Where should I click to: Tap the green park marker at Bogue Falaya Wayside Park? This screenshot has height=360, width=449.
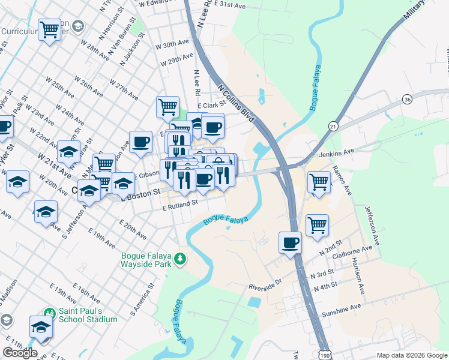pyautogui.click(x=179, y=259)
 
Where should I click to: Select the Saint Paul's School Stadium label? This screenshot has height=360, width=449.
pyautogui.click(x=88, y=315)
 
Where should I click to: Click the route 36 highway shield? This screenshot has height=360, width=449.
pyautogui.click(x=408, y=99)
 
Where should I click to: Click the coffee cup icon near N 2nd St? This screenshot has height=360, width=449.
pyautogui.click(x=291, y=242)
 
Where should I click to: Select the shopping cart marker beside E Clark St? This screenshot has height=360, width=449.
pyautogui.click(x=167, y=107)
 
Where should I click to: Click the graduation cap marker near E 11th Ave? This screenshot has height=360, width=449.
pyautogui.click(x=41, y=328)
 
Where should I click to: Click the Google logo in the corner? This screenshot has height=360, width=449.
pyautogui.click(x=20, y=353)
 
